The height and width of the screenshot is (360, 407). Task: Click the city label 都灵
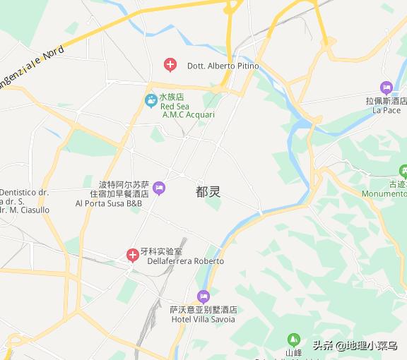(208, 191)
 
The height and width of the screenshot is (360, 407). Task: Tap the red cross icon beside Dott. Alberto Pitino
(170, 65)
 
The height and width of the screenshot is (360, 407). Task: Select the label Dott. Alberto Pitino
(223, 66)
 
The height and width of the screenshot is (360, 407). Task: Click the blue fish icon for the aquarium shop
(151, 101)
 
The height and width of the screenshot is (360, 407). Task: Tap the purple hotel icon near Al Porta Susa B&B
(159, 188)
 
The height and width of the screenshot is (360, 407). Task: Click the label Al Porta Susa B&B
(109, 203)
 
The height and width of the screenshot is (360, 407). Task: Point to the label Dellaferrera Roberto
(185, 261)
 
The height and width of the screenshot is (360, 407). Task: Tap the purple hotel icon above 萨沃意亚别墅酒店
(203, 296)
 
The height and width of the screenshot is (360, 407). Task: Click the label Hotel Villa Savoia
(203, 320)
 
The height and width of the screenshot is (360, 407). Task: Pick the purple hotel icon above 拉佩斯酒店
(386, 88)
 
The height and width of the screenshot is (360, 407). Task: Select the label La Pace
(387, 111)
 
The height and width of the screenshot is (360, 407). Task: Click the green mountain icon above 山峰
(293, 340)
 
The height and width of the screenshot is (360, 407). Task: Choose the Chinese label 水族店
(172, 97)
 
